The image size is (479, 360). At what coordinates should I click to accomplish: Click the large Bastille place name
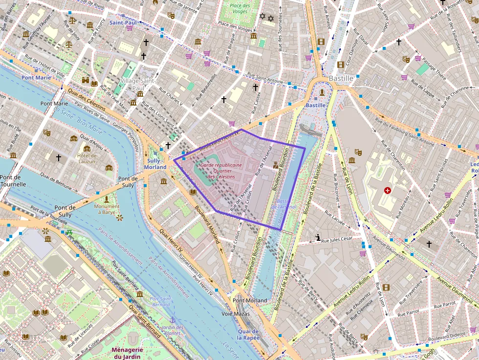(x=341, y=78)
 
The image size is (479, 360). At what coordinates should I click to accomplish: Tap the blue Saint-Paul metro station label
(x=123, y=22)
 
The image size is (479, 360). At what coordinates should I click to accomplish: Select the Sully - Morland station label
(x=155, y=164)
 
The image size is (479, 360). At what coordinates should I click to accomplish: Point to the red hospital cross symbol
(x=388, y=190)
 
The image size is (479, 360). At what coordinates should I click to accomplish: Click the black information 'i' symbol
(x=318, y=238)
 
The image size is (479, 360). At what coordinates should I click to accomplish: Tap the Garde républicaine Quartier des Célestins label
(x=221, y=171)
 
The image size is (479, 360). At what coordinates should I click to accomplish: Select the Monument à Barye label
(x=106, y=210)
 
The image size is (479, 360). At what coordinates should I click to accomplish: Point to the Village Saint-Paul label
(x=138, y=84)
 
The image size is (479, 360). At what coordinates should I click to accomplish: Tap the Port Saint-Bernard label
(x=160, y=301)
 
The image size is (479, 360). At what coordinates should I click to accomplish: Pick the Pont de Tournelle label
(x=13, y=181)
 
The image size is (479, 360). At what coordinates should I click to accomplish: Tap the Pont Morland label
(x=250, y=300)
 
